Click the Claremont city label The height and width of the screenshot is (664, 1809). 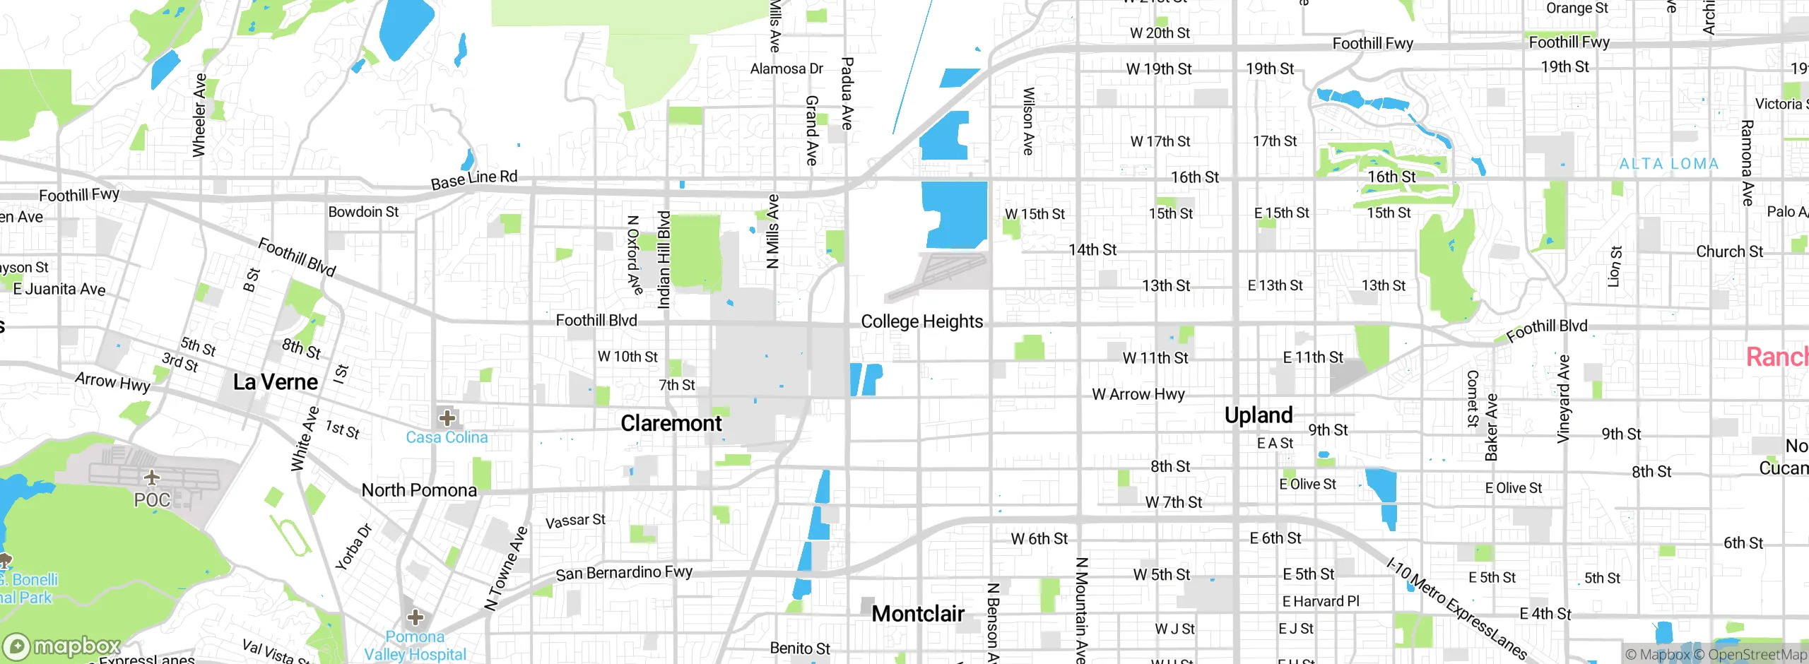[671, 423]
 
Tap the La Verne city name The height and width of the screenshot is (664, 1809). [276, 382]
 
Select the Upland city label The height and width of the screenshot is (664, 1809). [1259, 415]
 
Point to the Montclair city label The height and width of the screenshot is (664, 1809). [918, 613]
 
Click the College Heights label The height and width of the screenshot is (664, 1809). [921, 321]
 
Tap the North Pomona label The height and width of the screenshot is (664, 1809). [419, 490]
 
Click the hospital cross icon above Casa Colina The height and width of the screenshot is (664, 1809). [447, 417]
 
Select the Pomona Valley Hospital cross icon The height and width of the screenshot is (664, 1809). [416, 617]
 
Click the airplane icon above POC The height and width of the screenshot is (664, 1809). [152, 478]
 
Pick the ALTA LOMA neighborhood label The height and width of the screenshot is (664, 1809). [1668, 164]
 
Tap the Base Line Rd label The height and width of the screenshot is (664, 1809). [474, 179]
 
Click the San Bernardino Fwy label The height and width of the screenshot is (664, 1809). [623, 572]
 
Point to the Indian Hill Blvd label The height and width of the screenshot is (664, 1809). [664, 259]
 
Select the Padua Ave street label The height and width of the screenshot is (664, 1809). [847, 93]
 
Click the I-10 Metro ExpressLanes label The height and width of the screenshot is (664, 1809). [1457, 607]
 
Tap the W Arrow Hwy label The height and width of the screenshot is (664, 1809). [1138, 394]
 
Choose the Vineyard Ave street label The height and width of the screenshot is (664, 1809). [1563, 399]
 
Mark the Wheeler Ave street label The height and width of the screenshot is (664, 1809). [199, 114]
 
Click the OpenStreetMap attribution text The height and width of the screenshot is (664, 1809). [1757, 654]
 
